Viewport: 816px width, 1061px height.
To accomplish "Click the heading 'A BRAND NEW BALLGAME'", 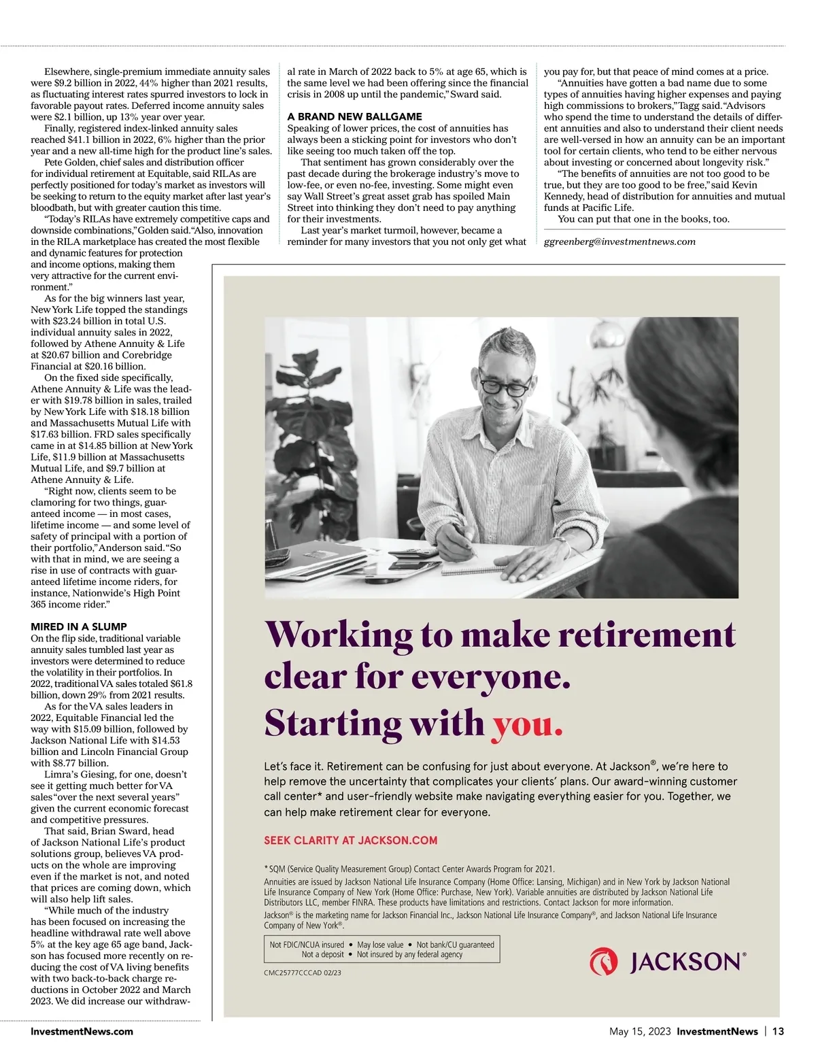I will point(354,116).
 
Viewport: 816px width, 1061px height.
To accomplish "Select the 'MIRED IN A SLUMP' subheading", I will point(79,626).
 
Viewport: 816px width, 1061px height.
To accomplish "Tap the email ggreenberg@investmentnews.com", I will point(619,241).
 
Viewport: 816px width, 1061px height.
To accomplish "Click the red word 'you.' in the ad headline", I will point(528,723).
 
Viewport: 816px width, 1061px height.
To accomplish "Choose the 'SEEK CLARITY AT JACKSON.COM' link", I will point(350,840).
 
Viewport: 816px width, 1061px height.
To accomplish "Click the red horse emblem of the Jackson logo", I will point(603,962).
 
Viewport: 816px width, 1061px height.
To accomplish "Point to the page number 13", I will point(778,1031).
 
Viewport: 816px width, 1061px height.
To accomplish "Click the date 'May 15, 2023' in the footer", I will point(639,1031).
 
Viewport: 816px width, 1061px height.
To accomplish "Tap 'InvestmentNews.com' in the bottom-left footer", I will point(82,1031).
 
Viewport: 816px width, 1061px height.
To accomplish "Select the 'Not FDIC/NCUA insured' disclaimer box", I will point(381,949).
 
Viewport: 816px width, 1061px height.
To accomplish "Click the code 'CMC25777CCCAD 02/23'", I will point(302,973).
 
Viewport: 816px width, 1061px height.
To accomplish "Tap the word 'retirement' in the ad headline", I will point(646,635).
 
